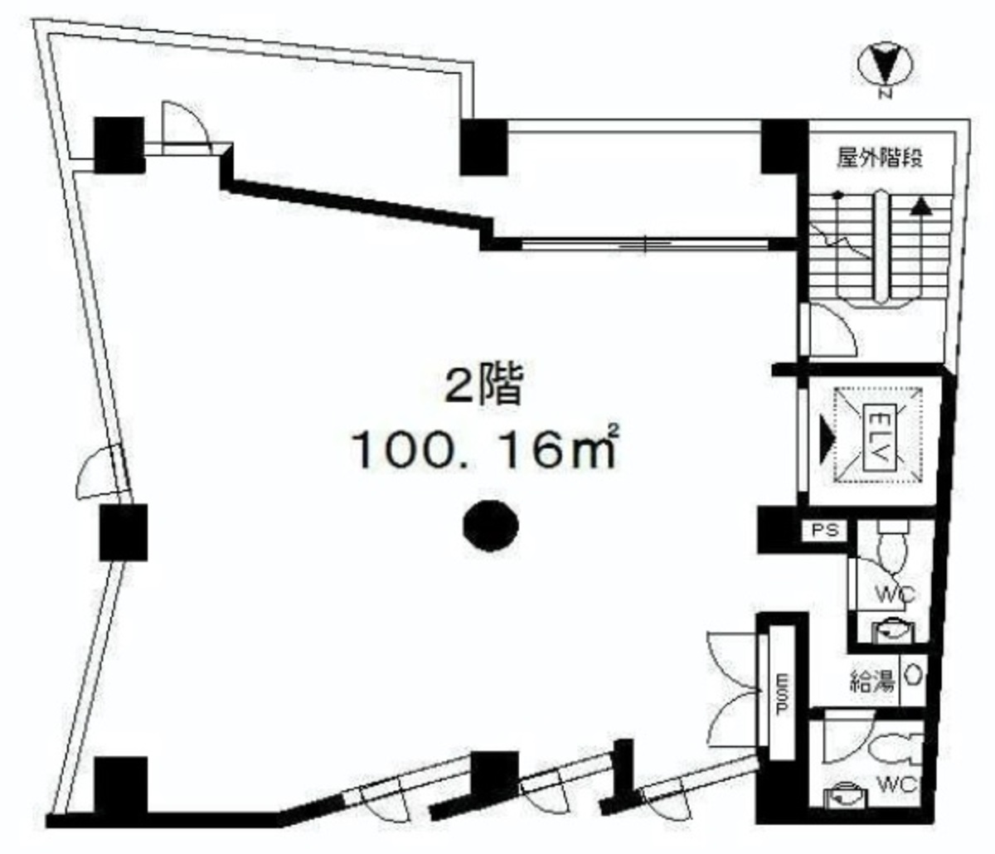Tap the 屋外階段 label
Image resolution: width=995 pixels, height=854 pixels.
(880, 158)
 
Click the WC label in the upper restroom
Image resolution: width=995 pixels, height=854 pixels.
(894, 594)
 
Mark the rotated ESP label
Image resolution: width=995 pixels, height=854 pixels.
(780, 695)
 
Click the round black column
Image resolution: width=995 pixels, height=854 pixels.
(491, 526)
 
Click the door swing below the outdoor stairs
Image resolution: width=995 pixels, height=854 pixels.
(829, 332)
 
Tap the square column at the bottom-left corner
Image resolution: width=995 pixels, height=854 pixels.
(121, 786)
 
